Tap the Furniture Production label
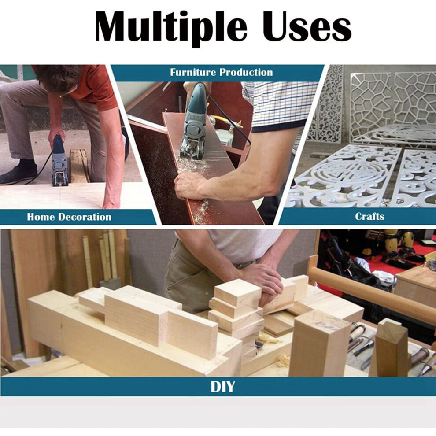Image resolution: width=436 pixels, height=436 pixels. click(222, 72)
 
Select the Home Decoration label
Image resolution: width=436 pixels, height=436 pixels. click(69, 217)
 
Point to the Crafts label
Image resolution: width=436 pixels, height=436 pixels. click(369, 216)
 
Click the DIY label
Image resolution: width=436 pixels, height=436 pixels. click(222, 387)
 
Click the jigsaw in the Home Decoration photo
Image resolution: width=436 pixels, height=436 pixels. click(59, 161)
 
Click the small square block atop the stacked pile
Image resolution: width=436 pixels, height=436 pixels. click(238, 293)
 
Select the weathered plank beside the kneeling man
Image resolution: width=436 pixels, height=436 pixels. click(79, 166)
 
